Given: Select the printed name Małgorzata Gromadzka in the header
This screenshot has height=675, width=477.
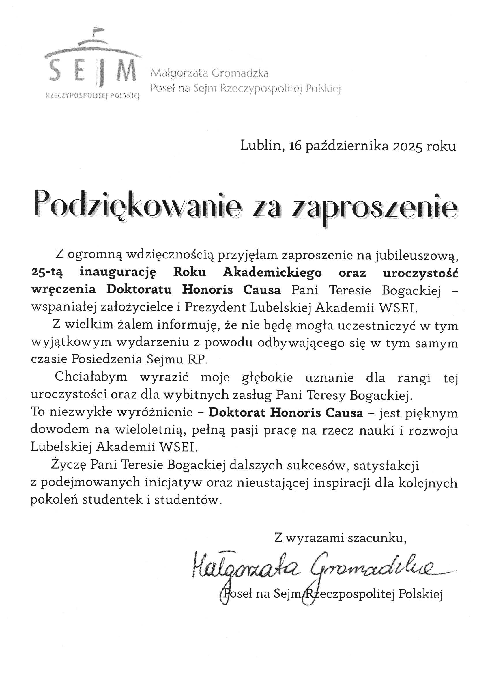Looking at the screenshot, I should click(209, 73).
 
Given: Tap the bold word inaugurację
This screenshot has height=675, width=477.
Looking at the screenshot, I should click(117, 272).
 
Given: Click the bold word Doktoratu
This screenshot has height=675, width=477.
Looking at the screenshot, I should click(139, 290).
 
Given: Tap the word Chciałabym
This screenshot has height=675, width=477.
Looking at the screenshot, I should click(91, 377).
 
